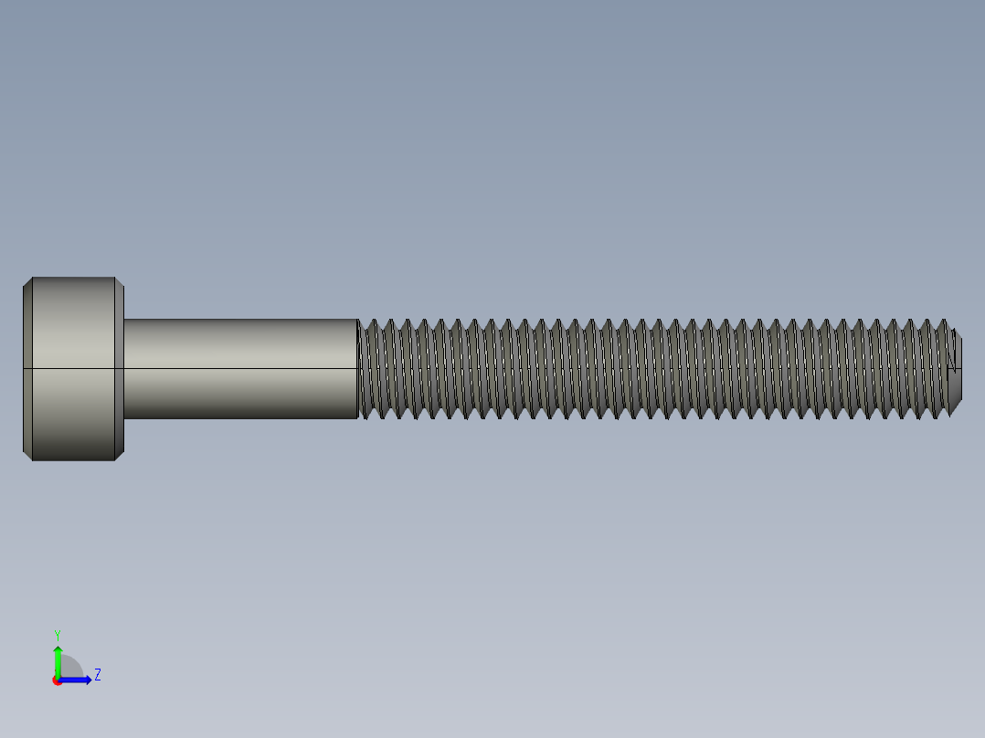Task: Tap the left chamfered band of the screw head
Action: tap(27, 368)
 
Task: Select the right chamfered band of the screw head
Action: tap(119, 368)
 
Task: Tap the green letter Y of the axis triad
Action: tap(57, 634)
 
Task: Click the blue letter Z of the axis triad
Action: tap(97, 675)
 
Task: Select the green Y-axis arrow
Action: tap(58, 663)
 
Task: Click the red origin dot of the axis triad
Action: tap(58, 680)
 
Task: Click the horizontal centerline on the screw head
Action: tap(73, 368)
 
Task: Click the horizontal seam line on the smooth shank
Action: tap(239, 368)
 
